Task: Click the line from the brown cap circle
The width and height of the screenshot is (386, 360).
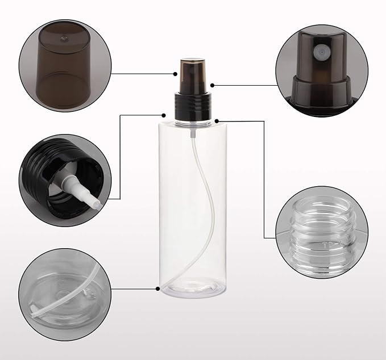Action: tap(142, 74)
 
